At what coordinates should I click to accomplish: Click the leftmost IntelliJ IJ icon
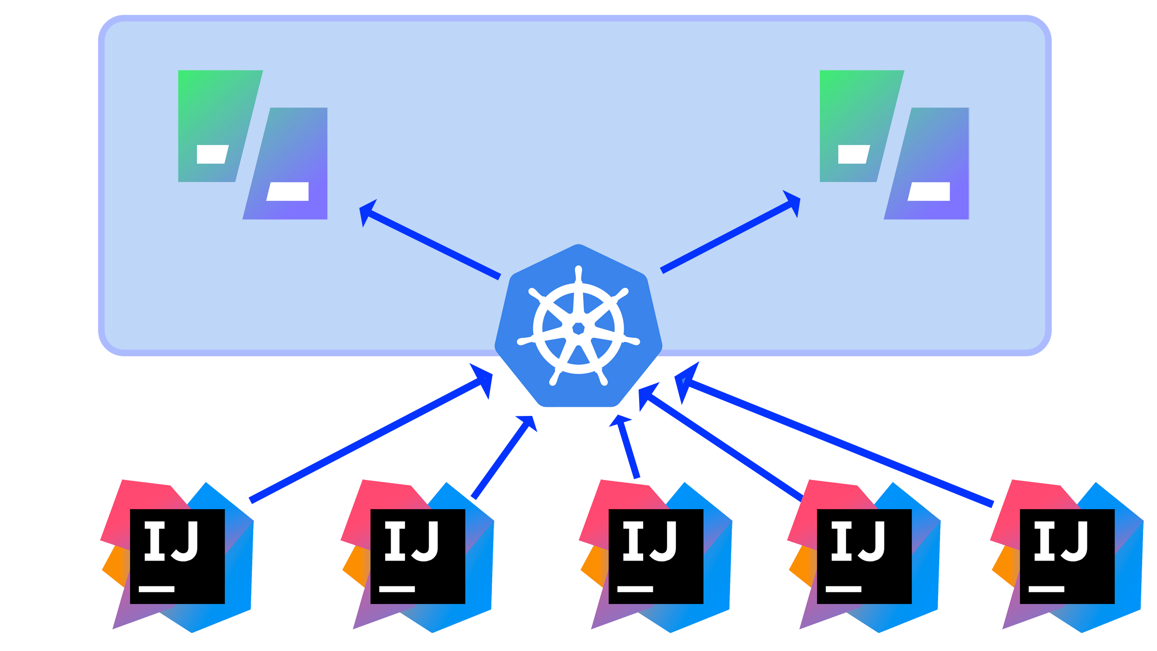pos(177,556)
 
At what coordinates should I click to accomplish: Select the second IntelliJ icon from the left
pos(418,556)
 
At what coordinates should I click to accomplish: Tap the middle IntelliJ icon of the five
pos(656,556)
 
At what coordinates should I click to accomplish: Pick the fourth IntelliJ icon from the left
pos(864,556)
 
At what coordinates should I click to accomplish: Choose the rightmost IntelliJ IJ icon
pos(1067,556)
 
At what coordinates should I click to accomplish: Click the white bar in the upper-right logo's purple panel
pos(929,191)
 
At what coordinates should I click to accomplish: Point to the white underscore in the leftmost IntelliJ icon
pos(156,589)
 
